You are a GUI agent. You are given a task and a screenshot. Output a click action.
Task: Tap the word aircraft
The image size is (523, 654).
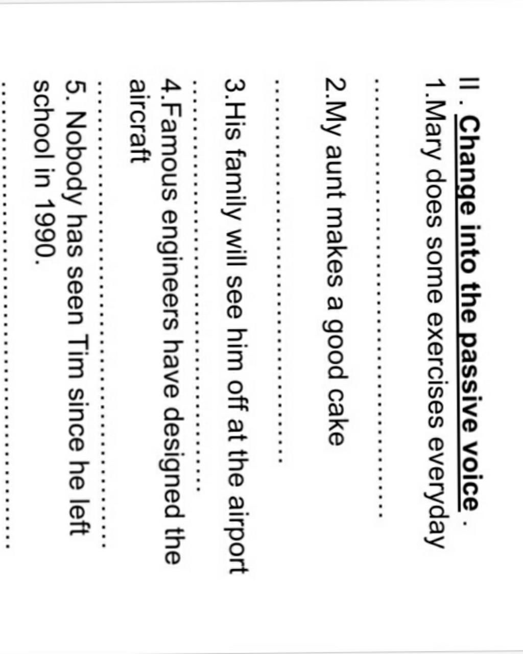140,122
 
